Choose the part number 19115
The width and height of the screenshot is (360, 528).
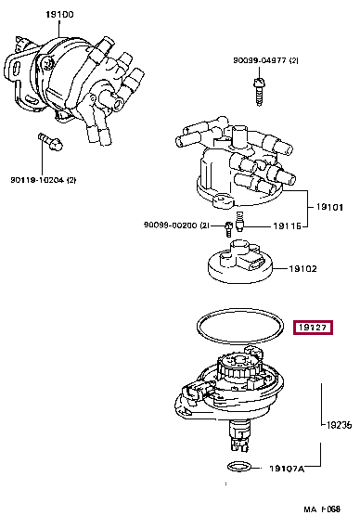(x=287, y=225)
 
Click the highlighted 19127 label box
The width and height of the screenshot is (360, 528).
(x=313, y=328)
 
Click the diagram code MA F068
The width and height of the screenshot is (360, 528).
(x=324, y=509)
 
